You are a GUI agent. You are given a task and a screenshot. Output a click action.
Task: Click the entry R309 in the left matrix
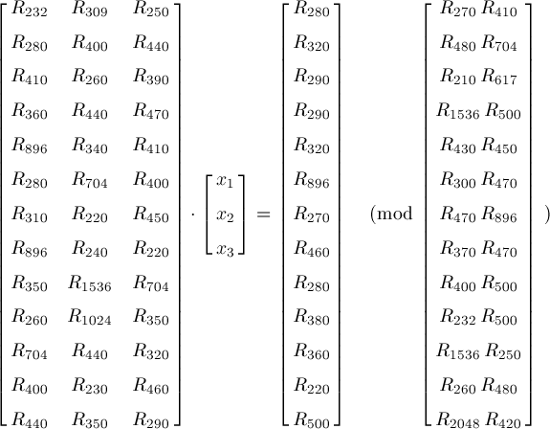point(90,10)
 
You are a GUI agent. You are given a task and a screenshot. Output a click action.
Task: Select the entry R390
point(151,77)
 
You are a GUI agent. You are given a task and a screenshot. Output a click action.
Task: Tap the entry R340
point(90,146)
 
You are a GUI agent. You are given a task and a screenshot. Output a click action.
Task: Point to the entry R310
point(29,214)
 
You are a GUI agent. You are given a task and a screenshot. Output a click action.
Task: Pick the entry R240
point(90,249)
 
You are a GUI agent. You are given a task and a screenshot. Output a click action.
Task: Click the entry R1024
point(90,317)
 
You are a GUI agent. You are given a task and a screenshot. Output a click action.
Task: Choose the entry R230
point(90,386)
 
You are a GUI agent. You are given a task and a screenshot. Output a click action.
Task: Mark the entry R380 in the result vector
point(312,317)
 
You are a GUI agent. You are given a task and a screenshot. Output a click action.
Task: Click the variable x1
point(225,181)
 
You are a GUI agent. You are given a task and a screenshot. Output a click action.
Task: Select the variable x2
point(225,215)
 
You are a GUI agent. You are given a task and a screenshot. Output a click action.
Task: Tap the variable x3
point(225,250)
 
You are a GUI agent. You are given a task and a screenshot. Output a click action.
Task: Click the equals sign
point(263,214)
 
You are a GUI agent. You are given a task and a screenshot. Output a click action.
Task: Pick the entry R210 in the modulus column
point(458,77)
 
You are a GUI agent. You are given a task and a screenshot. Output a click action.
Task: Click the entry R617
point(498,77)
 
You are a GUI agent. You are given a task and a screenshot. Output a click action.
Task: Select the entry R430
point(458,146)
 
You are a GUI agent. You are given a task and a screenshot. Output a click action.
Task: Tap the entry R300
point(458,180)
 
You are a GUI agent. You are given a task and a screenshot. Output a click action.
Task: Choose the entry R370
point(458,249)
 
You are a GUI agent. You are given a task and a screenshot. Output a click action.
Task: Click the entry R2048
point(458,420)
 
